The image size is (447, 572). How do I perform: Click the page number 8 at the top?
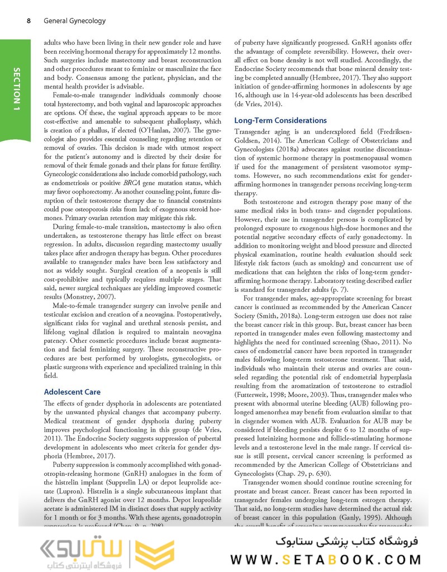(x=28, y=21)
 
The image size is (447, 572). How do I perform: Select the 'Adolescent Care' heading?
(x=72, y=391)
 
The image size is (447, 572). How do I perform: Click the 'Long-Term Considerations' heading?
(x=280, y=120)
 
